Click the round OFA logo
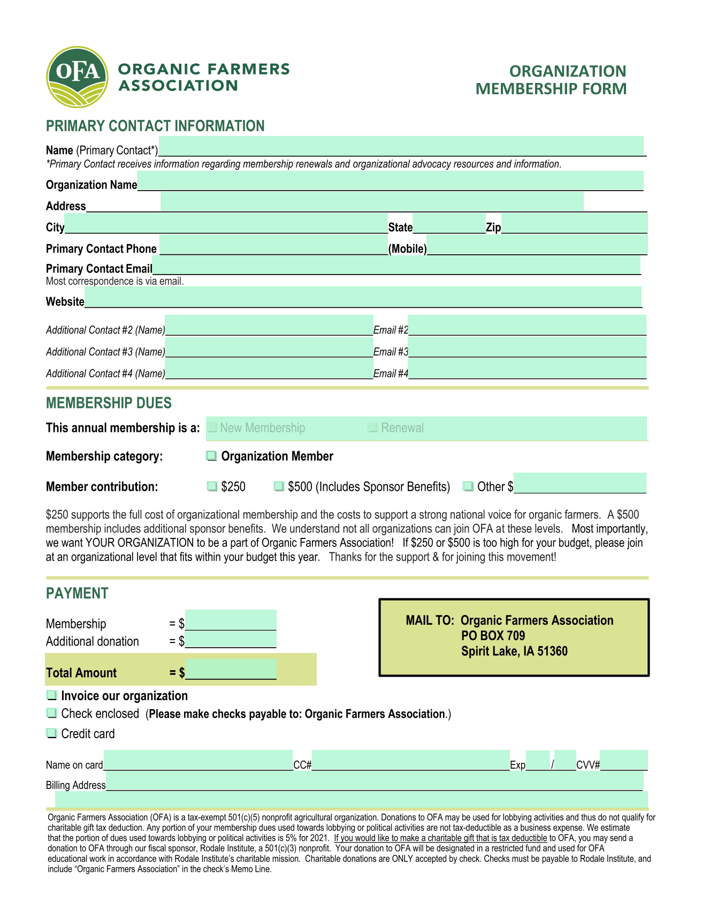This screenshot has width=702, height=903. [x=77, y=77]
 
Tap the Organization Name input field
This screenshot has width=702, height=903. [x=390, y=180]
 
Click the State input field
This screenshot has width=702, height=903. [x=449, y=224]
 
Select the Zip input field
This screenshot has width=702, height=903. [x=574, y=223]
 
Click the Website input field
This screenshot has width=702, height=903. [x=363, y=297]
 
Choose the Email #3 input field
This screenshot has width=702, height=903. [x=527, y=347]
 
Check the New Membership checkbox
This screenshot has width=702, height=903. [x=212, y=428]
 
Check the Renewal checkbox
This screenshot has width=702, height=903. [x=373, y=428]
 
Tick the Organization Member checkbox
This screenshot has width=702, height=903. [x=212, y=456]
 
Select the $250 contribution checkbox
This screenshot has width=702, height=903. [x=212, y=487]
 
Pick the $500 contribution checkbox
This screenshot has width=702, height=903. [x=279, y=487]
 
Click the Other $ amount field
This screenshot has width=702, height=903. [x=579, y=483]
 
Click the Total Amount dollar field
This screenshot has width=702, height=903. [x=231, y=670]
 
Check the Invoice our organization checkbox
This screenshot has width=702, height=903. [x=51, y=696]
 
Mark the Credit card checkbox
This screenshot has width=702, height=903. [x=51, y=734]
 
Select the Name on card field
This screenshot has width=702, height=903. [x=198, y=761]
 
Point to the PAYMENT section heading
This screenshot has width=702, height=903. [x=77, y=594]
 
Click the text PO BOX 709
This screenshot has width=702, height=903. [x=493, y=636]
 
